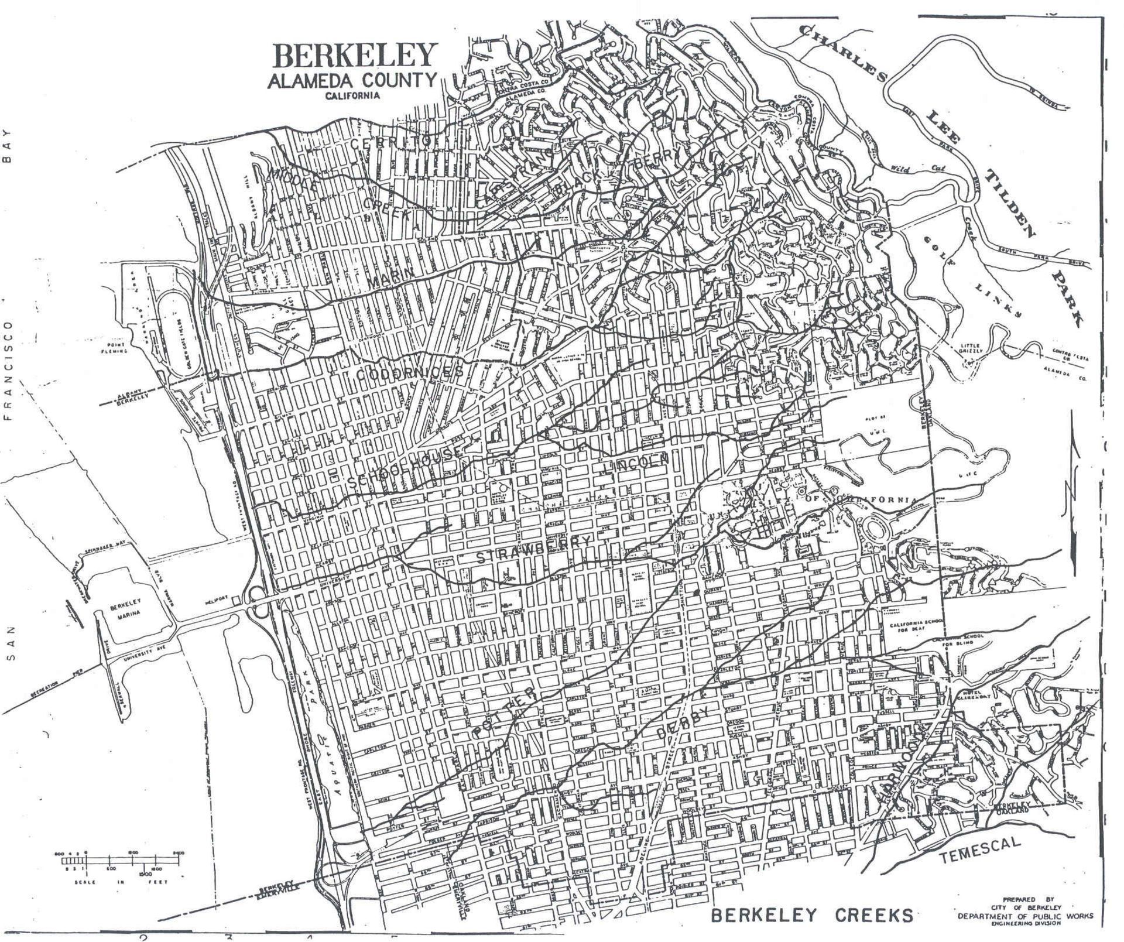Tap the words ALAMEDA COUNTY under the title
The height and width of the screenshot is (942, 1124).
(x=352, y=80)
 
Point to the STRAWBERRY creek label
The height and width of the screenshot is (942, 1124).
(x=534, y=550)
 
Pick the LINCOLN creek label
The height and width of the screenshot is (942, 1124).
(x=638, y=465)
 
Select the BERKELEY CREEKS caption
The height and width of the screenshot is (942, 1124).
(x=812, y=915)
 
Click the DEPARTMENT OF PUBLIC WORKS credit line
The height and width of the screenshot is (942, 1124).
(x=1025, y=916)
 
